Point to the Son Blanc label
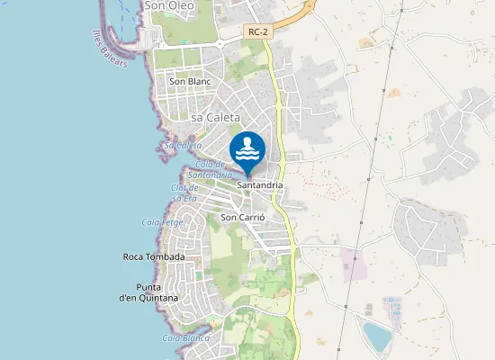point(189,81)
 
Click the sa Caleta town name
point(216,117)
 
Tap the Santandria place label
point(260,184)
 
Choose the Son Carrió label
point(242,217)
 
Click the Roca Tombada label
point(153,256)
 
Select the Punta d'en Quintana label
point(148,292)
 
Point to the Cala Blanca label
point(185,338)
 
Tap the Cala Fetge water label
point(162,221)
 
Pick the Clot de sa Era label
point(184,192)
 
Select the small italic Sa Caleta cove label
point(182,145)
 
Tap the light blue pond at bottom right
point(377,337)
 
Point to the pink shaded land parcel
point(354,265)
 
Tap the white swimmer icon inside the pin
point(247,148)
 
